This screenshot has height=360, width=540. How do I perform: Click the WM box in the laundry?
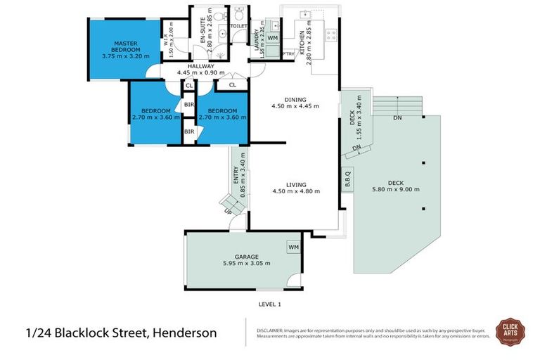(x=273, y=37)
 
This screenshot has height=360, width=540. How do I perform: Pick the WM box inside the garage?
(x=292, y=247)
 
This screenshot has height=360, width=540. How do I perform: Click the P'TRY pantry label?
(x=287, y=53)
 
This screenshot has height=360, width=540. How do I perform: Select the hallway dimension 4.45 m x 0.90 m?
(x=200, y=72)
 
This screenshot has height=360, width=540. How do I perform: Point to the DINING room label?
(x=295, y=100)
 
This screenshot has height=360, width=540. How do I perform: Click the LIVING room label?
(x=295, y=184)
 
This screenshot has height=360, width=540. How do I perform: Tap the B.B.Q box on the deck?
(x=347, y=180)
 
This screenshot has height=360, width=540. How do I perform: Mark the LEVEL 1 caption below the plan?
(x=269, y=304)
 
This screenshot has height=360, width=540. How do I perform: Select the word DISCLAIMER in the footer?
(x=269, y=329)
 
